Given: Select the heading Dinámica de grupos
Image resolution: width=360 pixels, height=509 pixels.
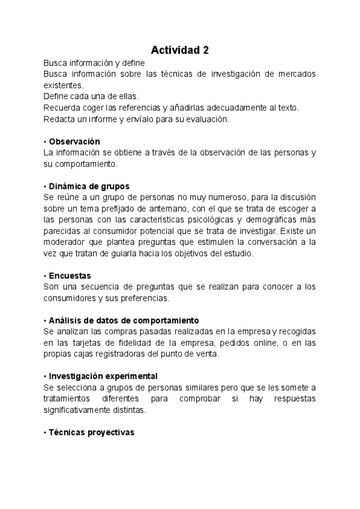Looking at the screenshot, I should [89, 186].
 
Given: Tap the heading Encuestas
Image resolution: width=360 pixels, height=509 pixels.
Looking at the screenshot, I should [70, 276].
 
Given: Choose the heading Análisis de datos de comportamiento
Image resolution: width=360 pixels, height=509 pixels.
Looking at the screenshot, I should [124, 321].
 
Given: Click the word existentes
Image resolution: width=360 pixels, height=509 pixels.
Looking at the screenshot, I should [63, 85].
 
